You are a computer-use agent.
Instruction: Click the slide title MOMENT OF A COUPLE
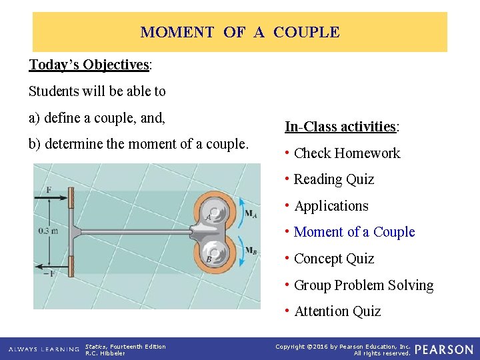coord(240,32)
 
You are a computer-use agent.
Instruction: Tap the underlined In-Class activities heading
coord(341,127)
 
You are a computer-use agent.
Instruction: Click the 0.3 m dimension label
coord(48,231)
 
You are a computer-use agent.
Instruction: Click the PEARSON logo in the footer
coord(444,349)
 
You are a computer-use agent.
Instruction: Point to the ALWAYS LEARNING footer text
coord(43,349)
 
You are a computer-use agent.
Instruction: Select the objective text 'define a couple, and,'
coord(97,118)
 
